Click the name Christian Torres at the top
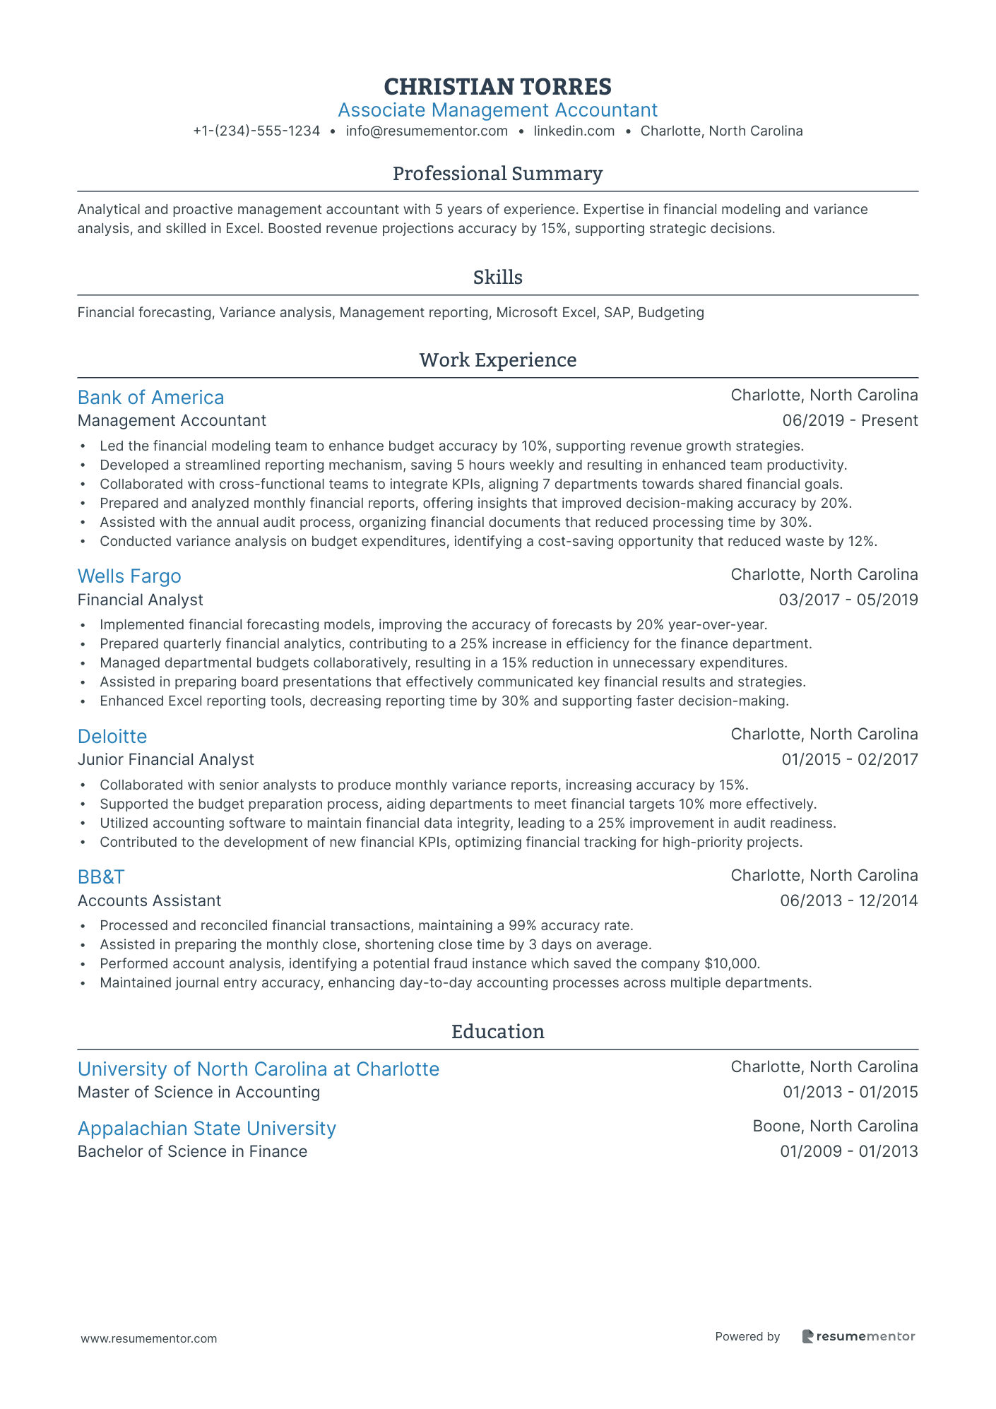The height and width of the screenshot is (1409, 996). click(x=497, y=86)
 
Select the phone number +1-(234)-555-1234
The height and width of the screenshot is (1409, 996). click(x=256, y=131)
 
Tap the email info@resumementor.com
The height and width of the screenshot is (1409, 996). click(x=427, y=131)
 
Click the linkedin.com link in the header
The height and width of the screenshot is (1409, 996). click(x=574, y=131)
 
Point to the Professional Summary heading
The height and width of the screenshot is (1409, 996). click(x=497, y=174)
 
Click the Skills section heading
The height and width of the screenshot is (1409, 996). click(x=497, y=278)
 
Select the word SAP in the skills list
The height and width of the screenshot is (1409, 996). click(x=617, y=312)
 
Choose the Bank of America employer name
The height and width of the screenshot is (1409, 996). click(x=150, y=398)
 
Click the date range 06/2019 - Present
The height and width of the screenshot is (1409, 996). click(x=850, y=421)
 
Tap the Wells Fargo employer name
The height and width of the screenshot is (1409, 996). click(x=129, y=576)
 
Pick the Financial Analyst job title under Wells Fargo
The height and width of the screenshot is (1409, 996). click(x=140, y=600)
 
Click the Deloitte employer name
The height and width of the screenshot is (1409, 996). click(x=112, y=737)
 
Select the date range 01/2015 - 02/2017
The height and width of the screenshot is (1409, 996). click(x=850, y=760)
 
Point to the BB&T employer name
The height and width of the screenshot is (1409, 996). click(x=101, y=877)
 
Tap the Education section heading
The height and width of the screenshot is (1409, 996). click(x=497, y=1032)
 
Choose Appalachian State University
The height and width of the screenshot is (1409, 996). click(x=206, y=1129)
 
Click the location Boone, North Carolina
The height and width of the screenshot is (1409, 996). click(x=835, y=1126)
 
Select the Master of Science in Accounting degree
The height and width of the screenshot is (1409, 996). click(x=198, y=1093)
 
